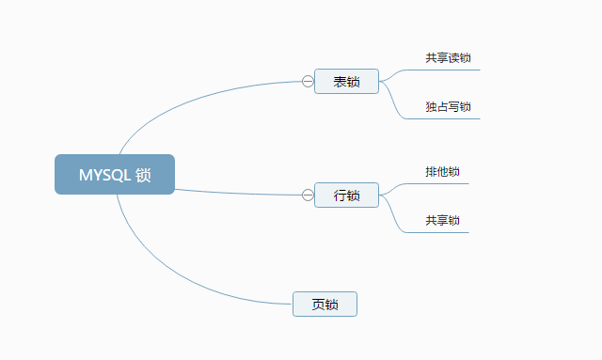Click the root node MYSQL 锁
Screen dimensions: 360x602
click(x=115, y=174)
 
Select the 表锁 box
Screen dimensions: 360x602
click(x=346, y=82)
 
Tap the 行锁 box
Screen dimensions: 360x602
click(x=346, y=195)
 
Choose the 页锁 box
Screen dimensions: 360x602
click(x=325, y=305)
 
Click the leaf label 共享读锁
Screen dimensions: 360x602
click(x=448, y=58)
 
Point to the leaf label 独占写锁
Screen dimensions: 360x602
click(x=448, y=107)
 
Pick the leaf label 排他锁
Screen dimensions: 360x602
click(x=442, y=172)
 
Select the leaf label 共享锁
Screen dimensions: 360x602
click(x=442, y=221)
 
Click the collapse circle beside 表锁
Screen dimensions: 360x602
click(x=308, y=82)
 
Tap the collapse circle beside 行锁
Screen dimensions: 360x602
click(x=308, y=195)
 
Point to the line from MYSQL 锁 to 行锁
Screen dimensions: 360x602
click(x=235, y=192)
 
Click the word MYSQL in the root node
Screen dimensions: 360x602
click(x=103, y=175)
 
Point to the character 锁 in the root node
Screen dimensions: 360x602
click(x=143, y=175)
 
